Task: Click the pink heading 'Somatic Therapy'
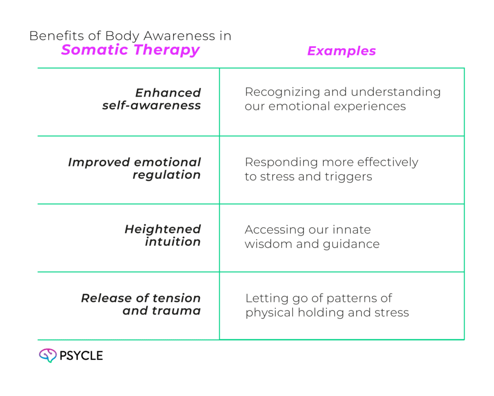(130, 50)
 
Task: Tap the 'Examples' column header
(342, 51)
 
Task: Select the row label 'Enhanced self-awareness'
(151, 99)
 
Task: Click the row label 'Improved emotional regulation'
(135, 168)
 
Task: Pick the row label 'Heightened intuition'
(163, 235)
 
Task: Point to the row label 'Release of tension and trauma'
(141, 304)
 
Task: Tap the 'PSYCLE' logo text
(81, 356)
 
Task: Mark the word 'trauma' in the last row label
(181, 311)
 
